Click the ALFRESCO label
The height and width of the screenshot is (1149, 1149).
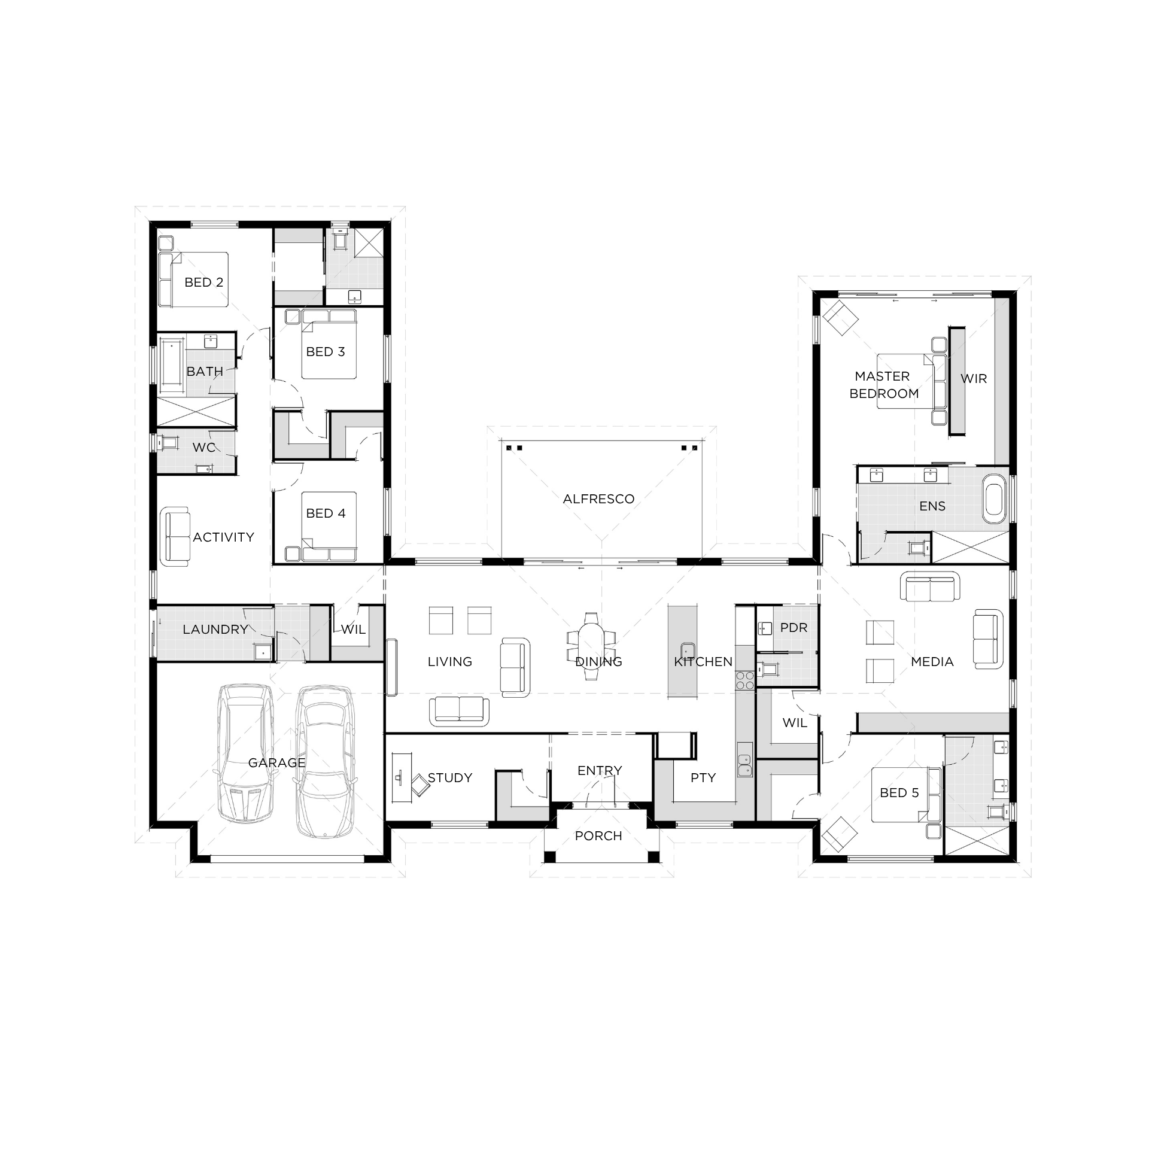click(x=598, y=499)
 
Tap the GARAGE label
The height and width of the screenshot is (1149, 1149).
click(x=276, y=763)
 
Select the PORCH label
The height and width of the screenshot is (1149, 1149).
click(x=598, y=836)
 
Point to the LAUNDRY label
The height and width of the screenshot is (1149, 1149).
click(x=215, y=630)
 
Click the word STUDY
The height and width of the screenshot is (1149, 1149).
click(x=450, y=778)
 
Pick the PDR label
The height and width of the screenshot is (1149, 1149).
click(x=794, y=628)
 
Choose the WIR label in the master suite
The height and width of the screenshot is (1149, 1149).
click(x=974, y=379)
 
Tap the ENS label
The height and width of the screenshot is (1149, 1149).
click(x=932, y=506)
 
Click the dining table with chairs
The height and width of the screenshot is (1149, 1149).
click(x=591, y=646)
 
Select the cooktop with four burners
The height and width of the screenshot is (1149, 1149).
click(x=745, y=680)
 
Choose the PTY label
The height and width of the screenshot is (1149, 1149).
click(x=703, y=778)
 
